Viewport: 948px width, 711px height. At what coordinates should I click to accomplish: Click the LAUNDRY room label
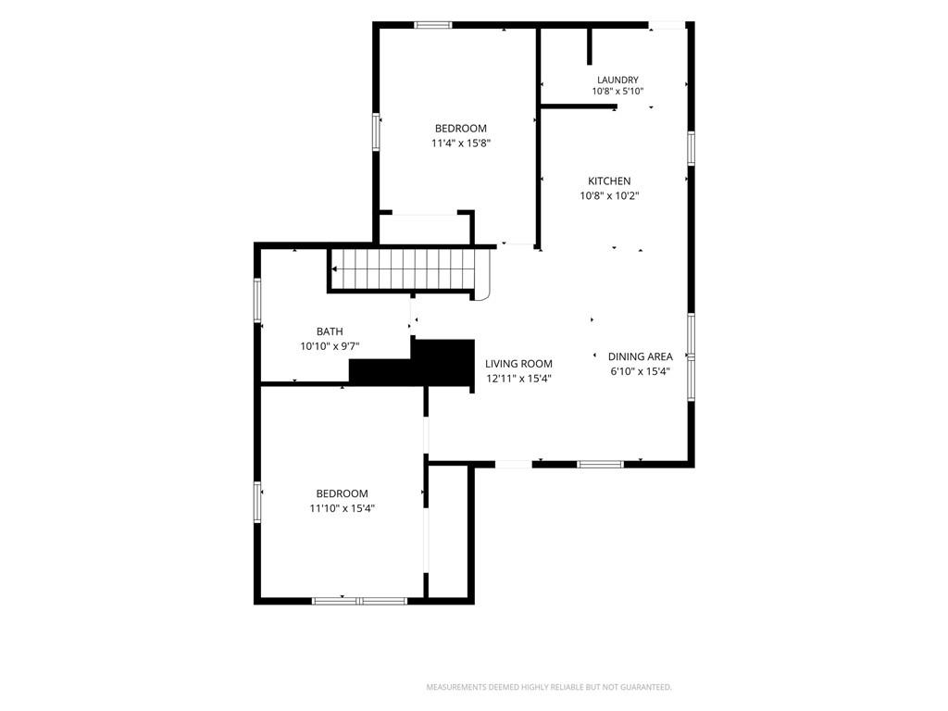pos(617,80)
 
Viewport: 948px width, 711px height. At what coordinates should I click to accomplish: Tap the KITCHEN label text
pos(609,181)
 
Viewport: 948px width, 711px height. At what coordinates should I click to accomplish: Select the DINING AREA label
pos(640,356)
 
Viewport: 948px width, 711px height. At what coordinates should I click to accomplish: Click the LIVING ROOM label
pos(518,364)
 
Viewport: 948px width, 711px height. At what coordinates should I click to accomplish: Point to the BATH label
pos(330,331)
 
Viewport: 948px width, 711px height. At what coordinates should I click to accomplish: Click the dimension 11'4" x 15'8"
pos(460,143)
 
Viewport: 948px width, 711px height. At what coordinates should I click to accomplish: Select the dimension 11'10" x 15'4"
pos(342,508)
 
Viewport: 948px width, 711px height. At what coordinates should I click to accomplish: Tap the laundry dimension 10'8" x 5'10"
pos(617,92)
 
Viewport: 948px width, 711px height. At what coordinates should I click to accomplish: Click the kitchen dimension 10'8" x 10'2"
pos(609,195)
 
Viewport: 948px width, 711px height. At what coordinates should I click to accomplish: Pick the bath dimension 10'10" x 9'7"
pos(330,346)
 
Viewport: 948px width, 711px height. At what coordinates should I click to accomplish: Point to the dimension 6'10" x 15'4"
pos(640,371)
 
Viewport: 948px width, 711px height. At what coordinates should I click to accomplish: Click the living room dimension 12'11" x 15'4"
pos(518,379)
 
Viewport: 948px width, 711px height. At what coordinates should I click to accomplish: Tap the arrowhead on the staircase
pos(334,269)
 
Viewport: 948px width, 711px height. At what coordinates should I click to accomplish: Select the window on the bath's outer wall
pos(257,299)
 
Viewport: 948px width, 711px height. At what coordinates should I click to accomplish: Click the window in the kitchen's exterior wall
pos(691,148)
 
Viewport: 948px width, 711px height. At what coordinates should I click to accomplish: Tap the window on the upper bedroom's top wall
pos(433,25)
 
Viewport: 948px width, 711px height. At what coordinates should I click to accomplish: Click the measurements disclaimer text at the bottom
pos(549,687)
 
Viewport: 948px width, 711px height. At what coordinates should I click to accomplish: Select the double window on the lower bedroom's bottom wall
pos(360,601)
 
